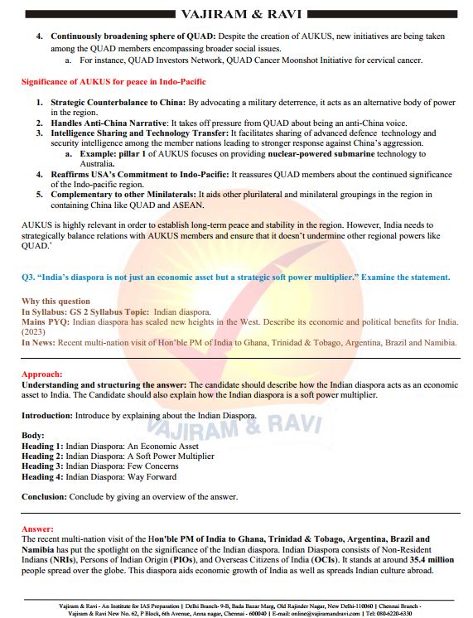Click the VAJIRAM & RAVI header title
coord(237,13)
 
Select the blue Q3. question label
coord(28,277)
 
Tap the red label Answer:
coord(37,529)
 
